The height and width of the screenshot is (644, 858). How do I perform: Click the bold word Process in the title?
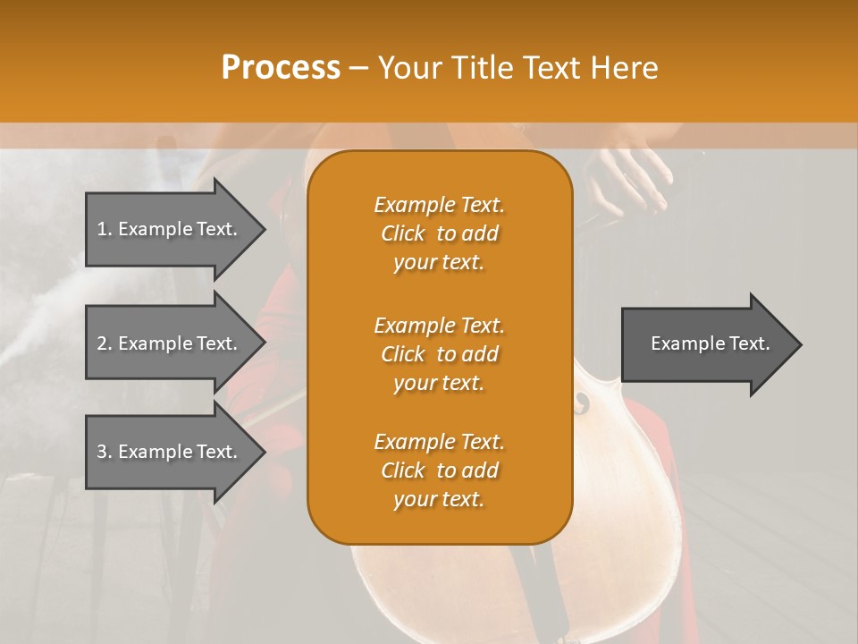pos(281,68)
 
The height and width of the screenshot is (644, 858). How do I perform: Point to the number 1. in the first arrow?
pos(105,229)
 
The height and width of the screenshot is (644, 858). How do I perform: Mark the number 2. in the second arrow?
pos(105,343)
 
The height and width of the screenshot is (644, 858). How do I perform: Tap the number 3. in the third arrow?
pos(105,452)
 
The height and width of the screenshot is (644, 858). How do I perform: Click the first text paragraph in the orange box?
pos(439,233)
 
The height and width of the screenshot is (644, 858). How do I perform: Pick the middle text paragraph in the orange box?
pos(439,354)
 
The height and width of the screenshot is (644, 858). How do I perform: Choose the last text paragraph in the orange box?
pos(439,470)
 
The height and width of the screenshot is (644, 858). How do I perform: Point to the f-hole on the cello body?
pos(583,403)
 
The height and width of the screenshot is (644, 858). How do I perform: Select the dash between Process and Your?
pos(359,68)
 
